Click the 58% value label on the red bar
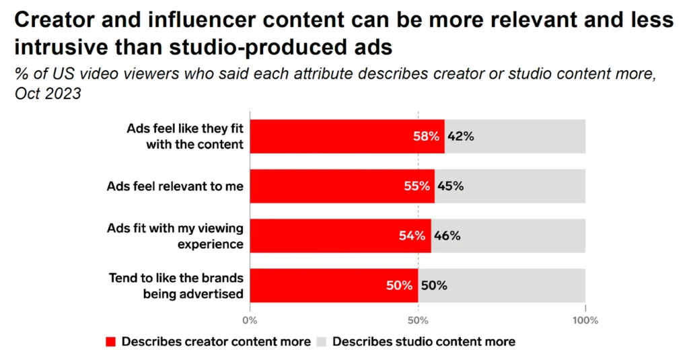(427, 137)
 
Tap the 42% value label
(461, 137)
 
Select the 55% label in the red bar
(417, 186)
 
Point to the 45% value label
(451, 186)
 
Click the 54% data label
(412, 236)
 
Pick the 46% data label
(447, 236)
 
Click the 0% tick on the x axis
(250, 320)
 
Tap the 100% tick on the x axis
(585, 320)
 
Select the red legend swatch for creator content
(111, 342)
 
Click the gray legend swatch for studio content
(322, 342)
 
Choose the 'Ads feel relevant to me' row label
(175, 186)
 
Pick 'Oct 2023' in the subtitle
(48, 94)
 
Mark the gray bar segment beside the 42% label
(532, 137)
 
